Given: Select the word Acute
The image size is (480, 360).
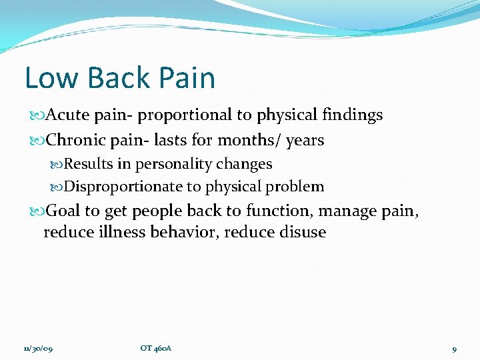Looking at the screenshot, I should click(69, 115).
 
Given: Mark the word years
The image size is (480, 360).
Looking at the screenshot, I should click(305, 141).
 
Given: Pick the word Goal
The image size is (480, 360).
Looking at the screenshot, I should click(64, 211).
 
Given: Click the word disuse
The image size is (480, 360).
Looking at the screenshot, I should click(303, 233).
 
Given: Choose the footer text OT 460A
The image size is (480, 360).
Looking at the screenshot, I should click(156, 348).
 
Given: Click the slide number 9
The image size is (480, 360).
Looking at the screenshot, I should click(454, 348).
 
